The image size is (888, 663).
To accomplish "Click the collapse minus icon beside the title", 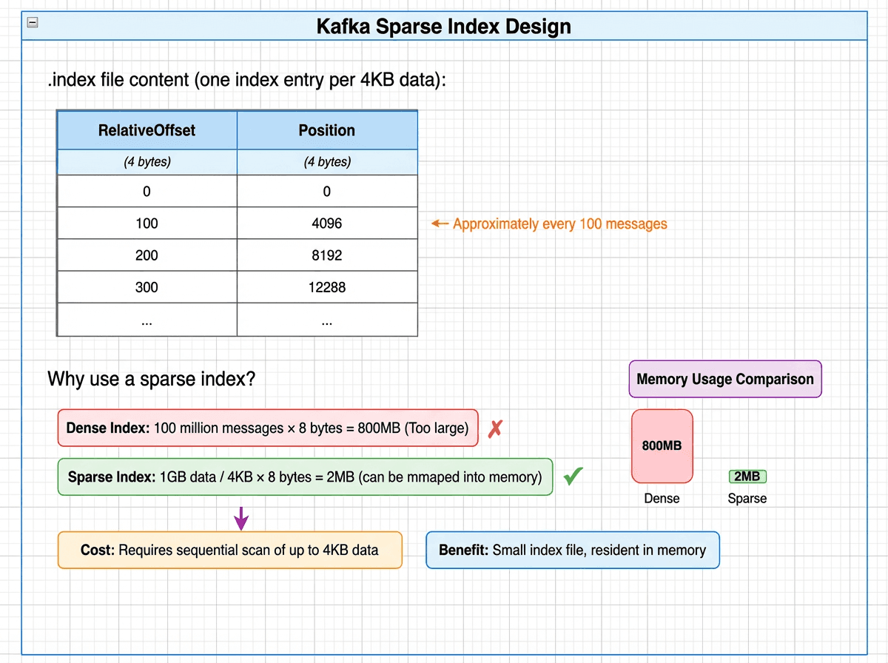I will click(x=33, y=22).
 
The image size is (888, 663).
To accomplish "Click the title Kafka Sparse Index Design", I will click(x=444, y=27).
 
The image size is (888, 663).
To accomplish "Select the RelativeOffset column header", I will click(x=147, y=130).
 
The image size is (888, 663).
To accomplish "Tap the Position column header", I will click(x=326, y=130).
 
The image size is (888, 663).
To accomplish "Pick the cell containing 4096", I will click(x=326, y=223).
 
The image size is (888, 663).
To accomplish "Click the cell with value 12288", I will click(x=326, y=287).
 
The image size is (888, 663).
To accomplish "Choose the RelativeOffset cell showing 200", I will click(x=147, y=255).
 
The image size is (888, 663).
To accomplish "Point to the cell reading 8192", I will click(x=326, y=255).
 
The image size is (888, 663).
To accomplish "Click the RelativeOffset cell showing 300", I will click(x=147, y=287).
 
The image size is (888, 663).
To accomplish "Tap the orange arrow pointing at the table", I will click(x=440, y=223).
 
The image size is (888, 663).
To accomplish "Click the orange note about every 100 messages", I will click(x=560, y=223).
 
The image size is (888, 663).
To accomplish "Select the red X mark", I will click(x=495, y=428).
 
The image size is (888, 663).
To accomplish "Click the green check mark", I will click(x=573, y=477).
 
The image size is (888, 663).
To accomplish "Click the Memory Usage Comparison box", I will click(x=724, y=379).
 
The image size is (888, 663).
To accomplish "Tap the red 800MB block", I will click(x=662, y=446).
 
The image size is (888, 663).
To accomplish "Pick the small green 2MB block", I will click(x=747, y=477).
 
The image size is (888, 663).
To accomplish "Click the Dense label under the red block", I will click(x=662, y=498).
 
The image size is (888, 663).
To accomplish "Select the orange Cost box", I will click(x=229, y=550).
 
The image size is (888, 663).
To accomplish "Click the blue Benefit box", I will click(x=572, y=550).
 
